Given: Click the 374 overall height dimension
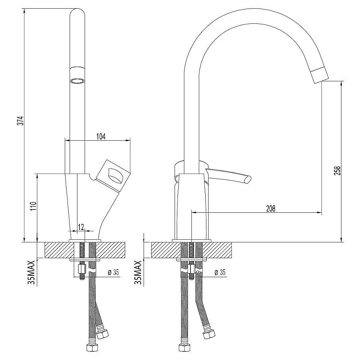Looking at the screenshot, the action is point(21,121).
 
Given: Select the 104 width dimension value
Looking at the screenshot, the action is point(100,136).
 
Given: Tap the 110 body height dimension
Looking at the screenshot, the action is point(33,207).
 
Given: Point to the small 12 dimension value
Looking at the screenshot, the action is point(81,227).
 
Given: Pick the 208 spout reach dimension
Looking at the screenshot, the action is point(271,209).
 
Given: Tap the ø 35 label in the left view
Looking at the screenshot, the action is point(113,273).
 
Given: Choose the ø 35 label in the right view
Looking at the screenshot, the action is point(220,273).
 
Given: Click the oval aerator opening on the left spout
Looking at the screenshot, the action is point(77,81).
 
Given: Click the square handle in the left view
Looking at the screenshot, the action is point(113,175).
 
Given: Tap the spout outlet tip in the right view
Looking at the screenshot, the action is point(320,75).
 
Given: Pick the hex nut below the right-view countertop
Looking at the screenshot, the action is point(191,269).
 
